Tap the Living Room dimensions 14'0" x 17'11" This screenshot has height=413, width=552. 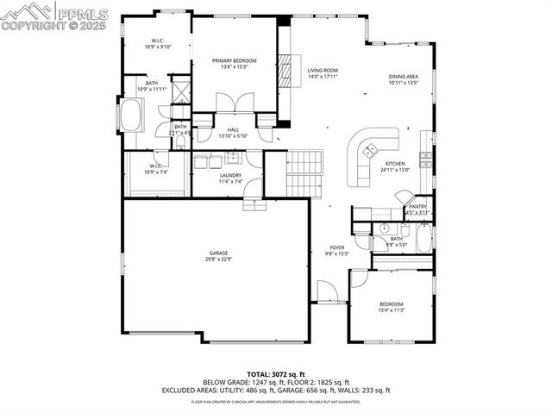[323, 77]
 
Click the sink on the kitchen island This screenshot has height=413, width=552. [368, 150]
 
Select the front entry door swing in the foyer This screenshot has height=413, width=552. [326, 291]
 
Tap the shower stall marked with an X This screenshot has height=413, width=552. [180, 90]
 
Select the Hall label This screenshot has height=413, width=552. [233, 129]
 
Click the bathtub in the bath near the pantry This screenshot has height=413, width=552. [423, 236]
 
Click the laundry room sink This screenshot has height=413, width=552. [232, 158]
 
